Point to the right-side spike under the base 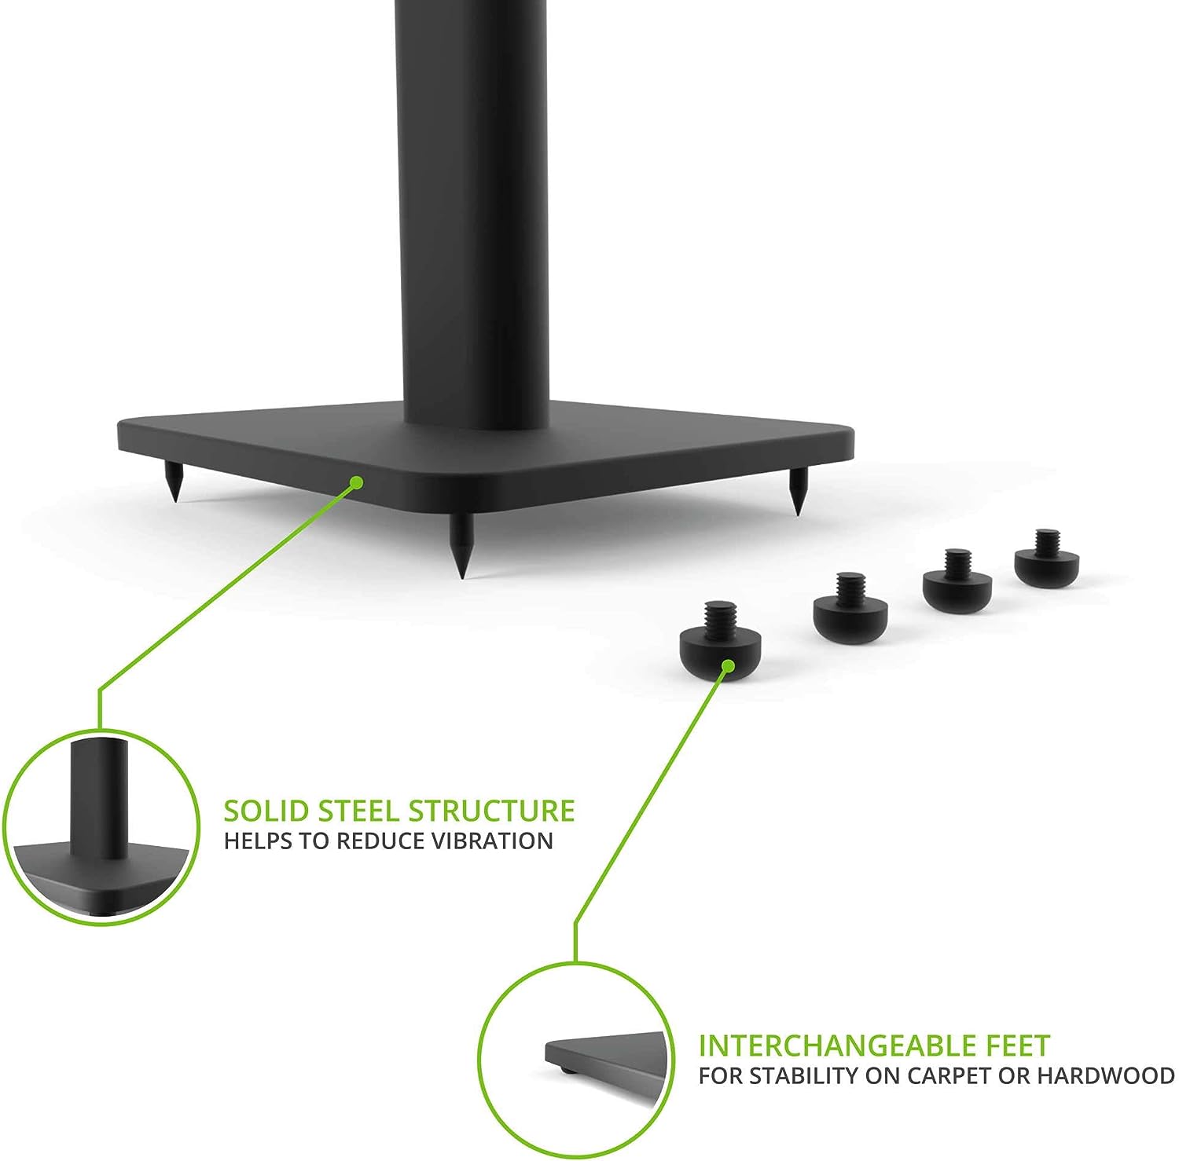coord(797,491)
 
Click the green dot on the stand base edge coord(357,482)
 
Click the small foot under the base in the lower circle coord(564,1069)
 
